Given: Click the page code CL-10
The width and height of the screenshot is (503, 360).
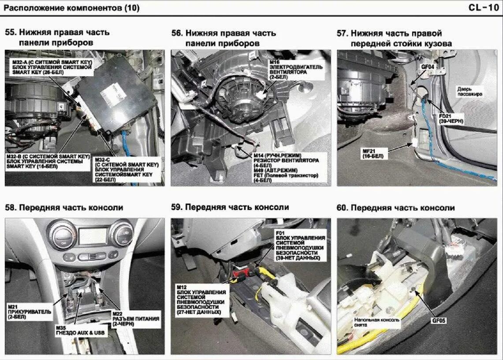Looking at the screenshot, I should (484, 7).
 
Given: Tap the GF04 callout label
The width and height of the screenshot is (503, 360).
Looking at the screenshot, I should (428, 67).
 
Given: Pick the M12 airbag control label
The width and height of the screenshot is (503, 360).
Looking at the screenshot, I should (201, 300).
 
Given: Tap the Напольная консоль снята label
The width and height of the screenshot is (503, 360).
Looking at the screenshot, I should (377, 322).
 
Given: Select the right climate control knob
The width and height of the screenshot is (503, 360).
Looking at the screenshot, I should (122, 233).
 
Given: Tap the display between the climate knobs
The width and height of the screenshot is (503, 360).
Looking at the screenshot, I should (93, 236).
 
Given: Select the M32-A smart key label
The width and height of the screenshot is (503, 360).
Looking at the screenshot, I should (52, 67).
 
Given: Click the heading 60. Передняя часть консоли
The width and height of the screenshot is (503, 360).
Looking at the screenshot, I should (395, 208).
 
